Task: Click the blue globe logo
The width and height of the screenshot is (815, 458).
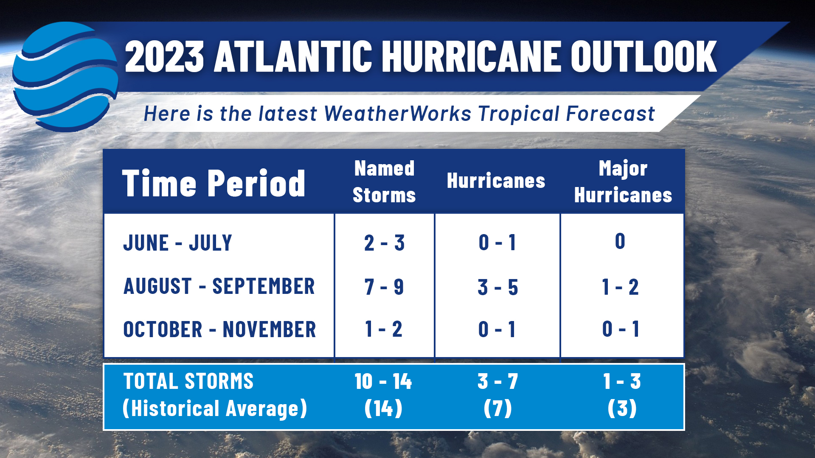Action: (x=65, y=76)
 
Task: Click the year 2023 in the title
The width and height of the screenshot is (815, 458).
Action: (x=164, y=56)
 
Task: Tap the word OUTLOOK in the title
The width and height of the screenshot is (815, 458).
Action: (x=644, y=56)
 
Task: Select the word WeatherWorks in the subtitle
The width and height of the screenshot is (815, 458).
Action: (x=398, y=114)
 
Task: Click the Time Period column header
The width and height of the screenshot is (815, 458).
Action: (x=214, y=183)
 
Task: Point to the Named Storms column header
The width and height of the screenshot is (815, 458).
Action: (x=384, y=182)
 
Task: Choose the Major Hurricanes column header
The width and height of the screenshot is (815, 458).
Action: (x=623, y=182)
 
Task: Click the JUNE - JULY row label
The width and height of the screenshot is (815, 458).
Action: (x=177, y=243)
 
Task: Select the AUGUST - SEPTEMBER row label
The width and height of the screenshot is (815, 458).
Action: (x=219, y=286)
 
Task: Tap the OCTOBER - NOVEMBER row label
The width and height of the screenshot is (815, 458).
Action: (x=219, y=330)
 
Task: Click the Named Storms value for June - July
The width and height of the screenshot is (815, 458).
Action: (x=384, y=243)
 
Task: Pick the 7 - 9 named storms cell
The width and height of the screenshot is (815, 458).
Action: (x=384, y=287)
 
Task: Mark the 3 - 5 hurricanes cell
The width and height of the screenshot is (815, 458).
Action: (x=498, y=287)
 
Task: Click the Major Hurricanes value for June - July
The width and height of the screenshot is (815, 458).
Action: (x=620, y=241)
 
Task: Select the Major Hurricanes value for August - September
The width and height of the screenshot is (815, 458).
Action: (x=620, y=287)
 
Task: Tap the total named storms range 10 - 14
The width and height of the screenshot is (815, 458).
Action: (x=383, y=381)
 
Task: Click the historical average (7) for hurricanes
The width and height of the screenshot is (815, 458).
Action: (x=498, y=408)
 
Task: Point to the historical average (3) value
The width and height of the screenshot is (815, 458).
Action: (x=622, y=408)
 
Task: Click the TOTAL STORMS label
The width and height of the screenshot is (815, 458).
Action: (x=188, y=381)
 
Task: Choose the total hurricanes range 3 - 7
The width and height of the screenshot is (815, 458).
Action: (x=498, y=381)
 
